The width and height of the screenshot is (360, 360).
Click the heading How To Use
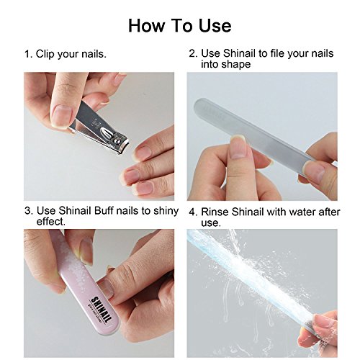point(180,25)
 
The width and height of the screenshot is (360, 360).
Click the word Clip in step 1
point(45,54)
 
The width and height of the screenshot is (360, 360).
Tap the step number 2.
point(193,53)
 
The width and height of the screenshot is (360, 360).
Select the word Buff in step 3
point(104,211)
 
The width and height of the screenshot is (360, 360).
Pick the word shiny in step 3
point(166,212)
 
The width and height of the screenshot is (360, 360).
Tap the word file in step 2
point(277,53)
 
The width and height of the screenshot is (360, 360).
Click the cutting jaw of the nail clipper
point(122,148)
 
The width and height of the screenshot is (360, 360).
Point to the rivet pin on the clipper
point(117,140)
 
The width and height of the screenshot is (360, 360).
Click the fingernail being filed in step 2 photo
point(238,147)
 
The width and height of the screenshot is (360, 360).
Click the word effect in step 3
point(50,221)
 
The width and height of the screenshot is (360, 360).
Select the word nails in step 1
point(94,54)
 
